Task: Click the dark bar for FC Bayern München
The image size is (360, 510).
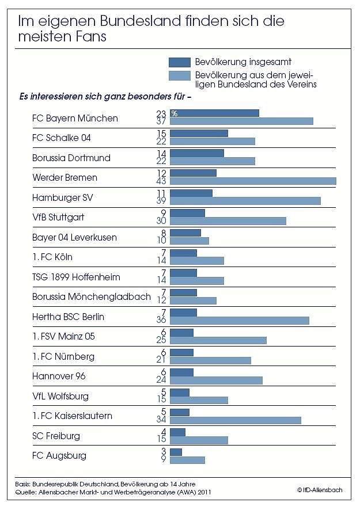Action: tap(214, 113)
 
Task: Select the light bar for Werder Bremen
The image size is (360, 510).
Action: tap(253, 181)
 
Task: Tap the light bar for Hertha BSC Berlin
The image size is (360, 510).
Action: tap(240, 321)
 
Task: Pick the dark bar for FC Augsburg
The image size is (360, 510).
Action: tap(176, 452)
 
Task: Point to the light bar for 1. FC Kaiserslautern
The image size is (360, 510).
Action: tap(236, 420)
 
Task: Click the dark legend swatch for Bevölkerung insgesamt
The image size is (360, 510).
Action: tap(179, 62)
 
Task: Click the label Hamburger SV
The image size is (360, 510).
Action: tap(63, 197)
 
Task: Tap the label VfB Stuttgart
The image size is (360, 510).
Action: tap(59, 218)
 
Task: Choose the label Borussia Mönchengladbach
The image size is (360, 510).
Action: tap(92, 297)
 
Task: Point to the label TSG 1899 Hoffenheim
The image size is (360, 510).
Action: tap(76, 277)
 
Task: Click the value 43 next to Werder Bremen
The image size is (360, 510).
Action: tap(161, 181)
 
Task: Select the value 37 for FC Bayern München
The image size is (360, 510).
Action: tap(161, 121)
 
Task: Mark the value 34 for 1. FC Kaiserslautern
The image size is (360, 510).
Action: tap(161, 420)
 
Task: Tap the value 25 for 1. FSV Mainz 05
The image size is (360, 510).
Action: tap(161, 341)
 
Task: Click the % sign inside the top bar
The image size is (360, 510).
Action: tap(174, 113)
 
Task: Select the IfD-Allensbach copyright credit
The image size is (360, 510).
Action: tap(320, 490)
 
